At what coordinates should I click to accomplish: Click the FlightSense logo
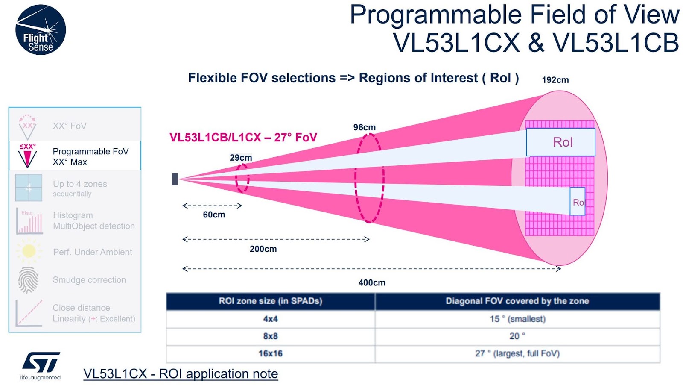pos(41,30)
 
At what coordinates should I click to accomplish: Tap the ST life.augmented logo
pos(41,365)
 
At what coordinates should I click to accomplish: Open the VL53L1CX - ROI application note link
pos(181,374)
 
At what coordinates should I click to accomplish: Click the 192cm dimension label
pos(555,80)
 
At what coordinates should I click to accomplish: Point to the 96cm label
pos(364,127)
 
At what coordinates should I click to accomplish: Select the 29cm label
pos(241,158)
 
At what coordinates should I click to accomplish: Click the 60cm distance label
pos(214,215)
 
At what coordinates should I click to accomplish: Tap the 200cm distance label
pos(263,249)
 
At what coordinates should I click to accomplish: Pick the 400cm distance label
pos(371,282)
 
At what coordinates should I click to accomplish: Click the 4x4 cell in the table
pos(270,319)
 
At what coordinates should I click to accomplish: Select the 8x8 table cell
pos(270,336)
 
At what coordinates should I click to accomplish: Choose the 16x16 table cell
pos(270,353)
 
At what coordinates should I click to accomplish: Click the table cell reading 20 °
pos(517,336)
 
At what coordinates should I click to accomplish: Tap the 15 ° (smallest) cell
pos(517,319)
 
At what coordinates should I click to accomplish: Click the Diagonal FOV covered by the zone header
pos(517,301)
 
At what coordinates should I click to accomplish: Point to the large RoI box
pos(560,142)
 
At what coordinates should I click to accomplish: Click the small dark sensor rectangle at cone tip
pos(175,179)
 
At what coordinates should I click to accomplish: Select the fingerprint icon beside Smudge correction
pos(28,280)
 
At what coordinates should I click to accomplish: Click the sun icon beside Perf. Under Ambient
pos(29,251)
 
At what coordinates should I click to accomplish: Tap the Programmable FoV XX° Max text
pos(90,156)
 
